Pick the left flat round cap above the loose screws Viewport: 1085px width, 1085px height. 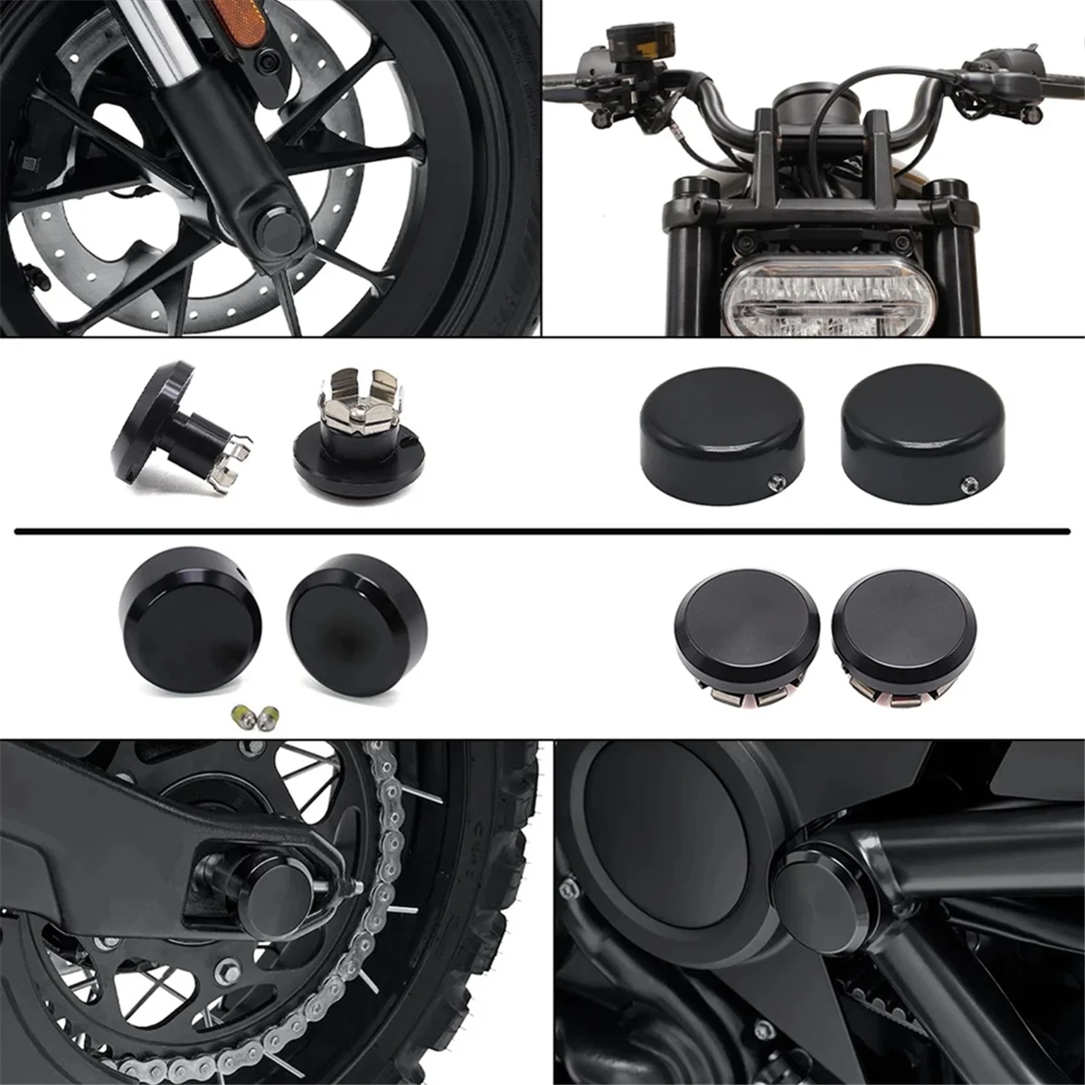click(189, 625)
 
